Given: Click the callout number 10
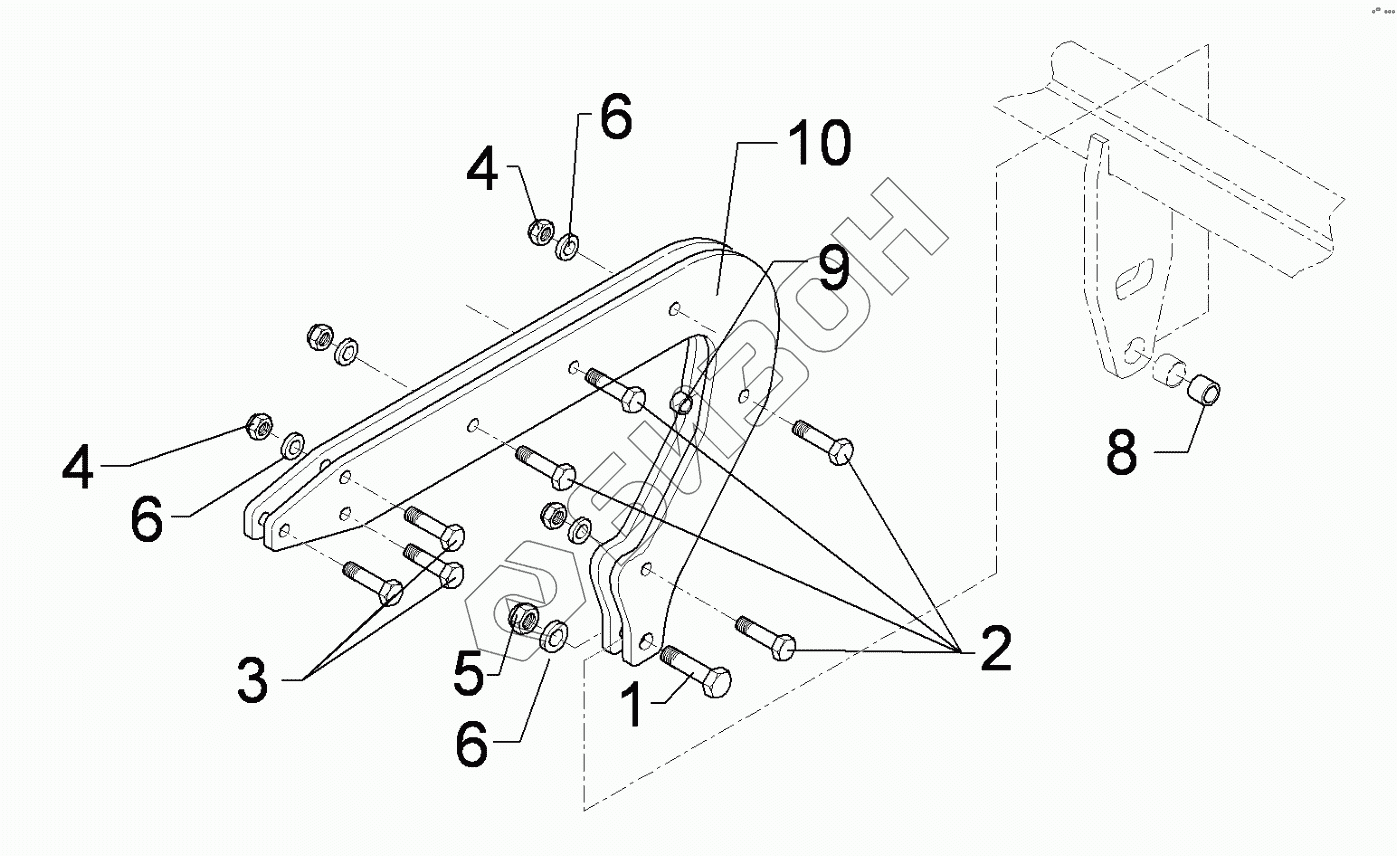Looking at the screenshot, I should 817,145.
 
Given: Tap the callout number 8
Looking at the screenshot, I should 1122,453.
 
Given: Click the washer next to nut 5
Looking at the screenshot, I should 556,635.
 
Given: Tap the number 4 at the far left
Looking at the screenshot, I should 79,466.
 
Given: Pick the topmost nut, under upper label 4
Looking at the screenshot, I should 540,231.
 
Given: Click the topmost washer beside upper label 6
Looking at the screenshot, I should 568,244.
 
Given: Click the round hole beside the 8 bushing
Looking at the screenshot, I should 1134,349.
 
